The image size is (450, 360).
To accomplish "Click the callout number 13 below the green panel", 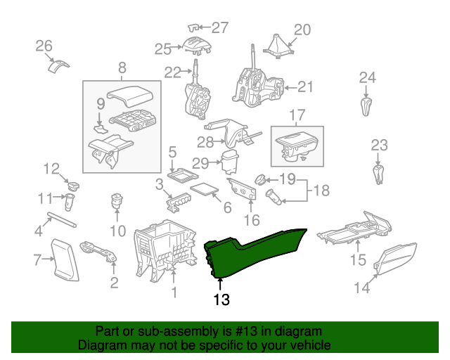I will (x=221, y=300).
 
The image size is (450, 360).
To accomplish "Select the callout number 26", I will (x=44, y=46).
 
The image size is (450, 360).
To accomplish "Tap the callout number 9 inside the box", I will (x=100, y=103).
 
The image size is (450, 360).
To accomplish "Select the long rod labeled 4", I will (x=63, y=219).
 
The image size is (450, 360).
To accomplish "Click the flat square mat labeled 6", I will (x=205, y=188).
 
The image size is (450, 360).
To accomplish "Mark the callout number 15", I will (x=359, y=261).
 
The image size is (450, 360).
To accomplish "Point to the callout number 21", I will (x=304, y=87).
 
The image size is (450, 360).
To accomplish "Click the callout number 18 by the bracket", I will (x=321, y=191).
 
